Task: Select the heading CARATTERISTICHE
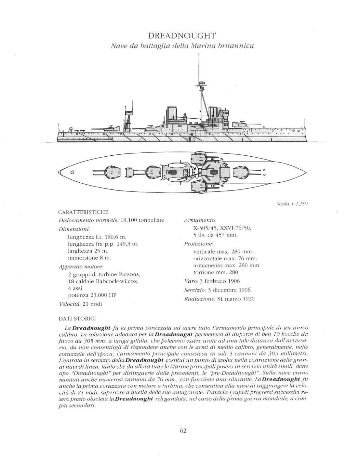pos(83,212)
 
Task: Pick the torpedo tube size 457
pos(223,235)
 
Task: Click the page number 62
pos(183,431)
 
